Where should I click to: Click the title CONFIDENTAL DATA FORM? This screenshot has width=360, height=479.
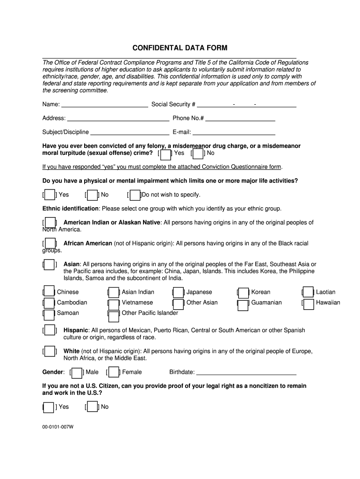(x=180, y=48)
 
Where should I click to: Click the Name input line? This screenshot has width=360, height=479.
(x=105, y=104)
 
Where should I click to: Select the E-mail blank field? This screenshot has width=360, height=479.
(x=233, y=132)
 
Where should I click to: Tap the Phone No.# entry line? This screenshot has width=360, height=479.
(x=240, y=118)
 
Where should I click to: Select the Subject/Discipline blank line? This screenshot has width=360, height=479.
(x=130, y=132)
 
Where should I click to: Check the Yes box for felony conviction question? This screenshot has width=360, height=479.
(x=166, y=153)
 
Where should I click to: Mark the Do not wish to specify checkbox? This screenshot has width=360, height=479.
(x=135, y=195)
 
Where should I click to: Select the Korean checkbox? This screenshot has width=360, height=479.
(x=243, y=293)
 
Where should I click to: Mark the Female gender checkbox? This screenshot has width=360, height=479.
(x=114, y=372)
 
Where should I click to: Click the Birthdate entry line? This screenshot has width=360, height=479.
(x=246, y=372)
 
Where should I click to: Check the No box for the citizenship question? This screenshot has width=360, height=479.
(x=93, y=407)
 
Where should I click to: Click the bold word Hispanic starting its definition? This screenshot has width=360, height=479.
(x=76, y=330)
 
